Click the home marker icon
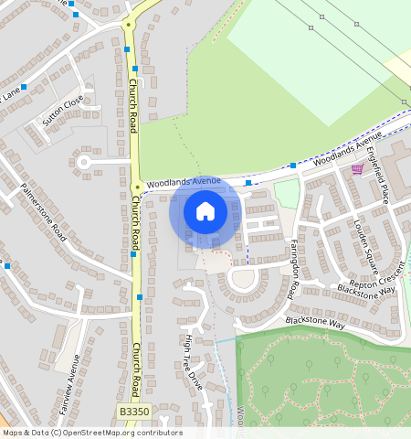click(x=205, y=211)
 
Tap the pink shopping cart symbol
click(x=357, y=168)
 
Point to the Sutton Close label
click(x=62, y=111)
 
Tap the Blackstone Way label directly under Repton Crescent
click(x=365, y=290)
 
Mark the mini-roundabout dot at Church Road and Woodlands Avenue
click(x=136, y=187)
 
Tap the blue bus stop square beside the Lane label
click(x=24, y=86)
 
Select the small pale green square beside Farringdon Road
click(x=286, y=193)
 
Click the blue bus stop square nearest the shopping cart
click(x=292, y=166)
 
